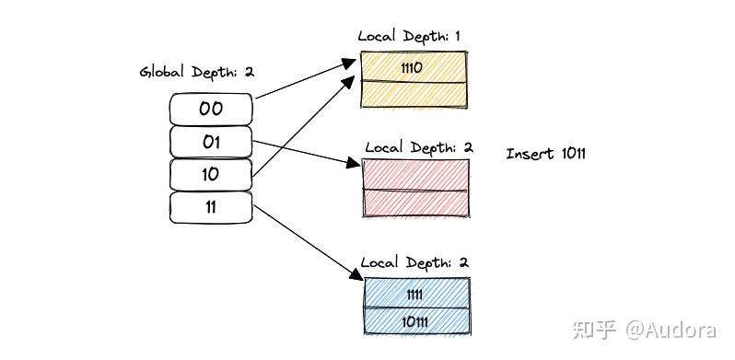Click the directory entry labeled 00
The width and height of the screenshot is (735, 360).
pos(211,109)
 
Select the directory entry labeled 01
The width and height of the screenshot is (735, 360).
pos(211,142)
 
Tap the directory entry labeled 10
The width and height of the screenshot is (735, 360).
pos(211,174)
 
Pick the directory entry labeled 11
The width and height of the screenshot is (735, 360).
pos(211,207)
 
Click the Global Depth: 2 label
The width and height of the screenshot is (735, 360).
pos(196,72)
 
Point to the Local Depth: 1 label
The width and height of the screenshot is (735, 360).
pos(410,36)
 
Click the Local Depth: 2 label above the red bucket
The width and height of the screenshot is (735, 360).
pos(418,147)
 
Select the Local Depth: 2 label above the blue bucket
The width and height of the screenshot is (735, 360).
pos(414,262)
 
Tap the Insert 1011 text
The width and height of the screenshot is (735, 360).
pos(545,154)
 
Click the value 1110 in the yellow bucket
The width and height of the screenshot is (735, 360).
pos(414,67)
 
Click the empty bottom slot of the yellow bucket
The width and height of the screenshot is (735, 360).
pos(414,97)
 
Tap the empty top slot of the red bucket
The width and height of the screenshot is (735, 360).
pos(415,175)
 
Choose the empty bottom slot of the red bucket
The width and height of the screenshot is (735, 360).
pos(415,203)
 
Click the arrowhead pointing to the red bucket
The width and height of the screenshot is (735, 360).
pos(352,164)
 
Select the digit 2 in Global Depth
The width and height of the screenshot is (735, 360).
pos(249,72)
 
